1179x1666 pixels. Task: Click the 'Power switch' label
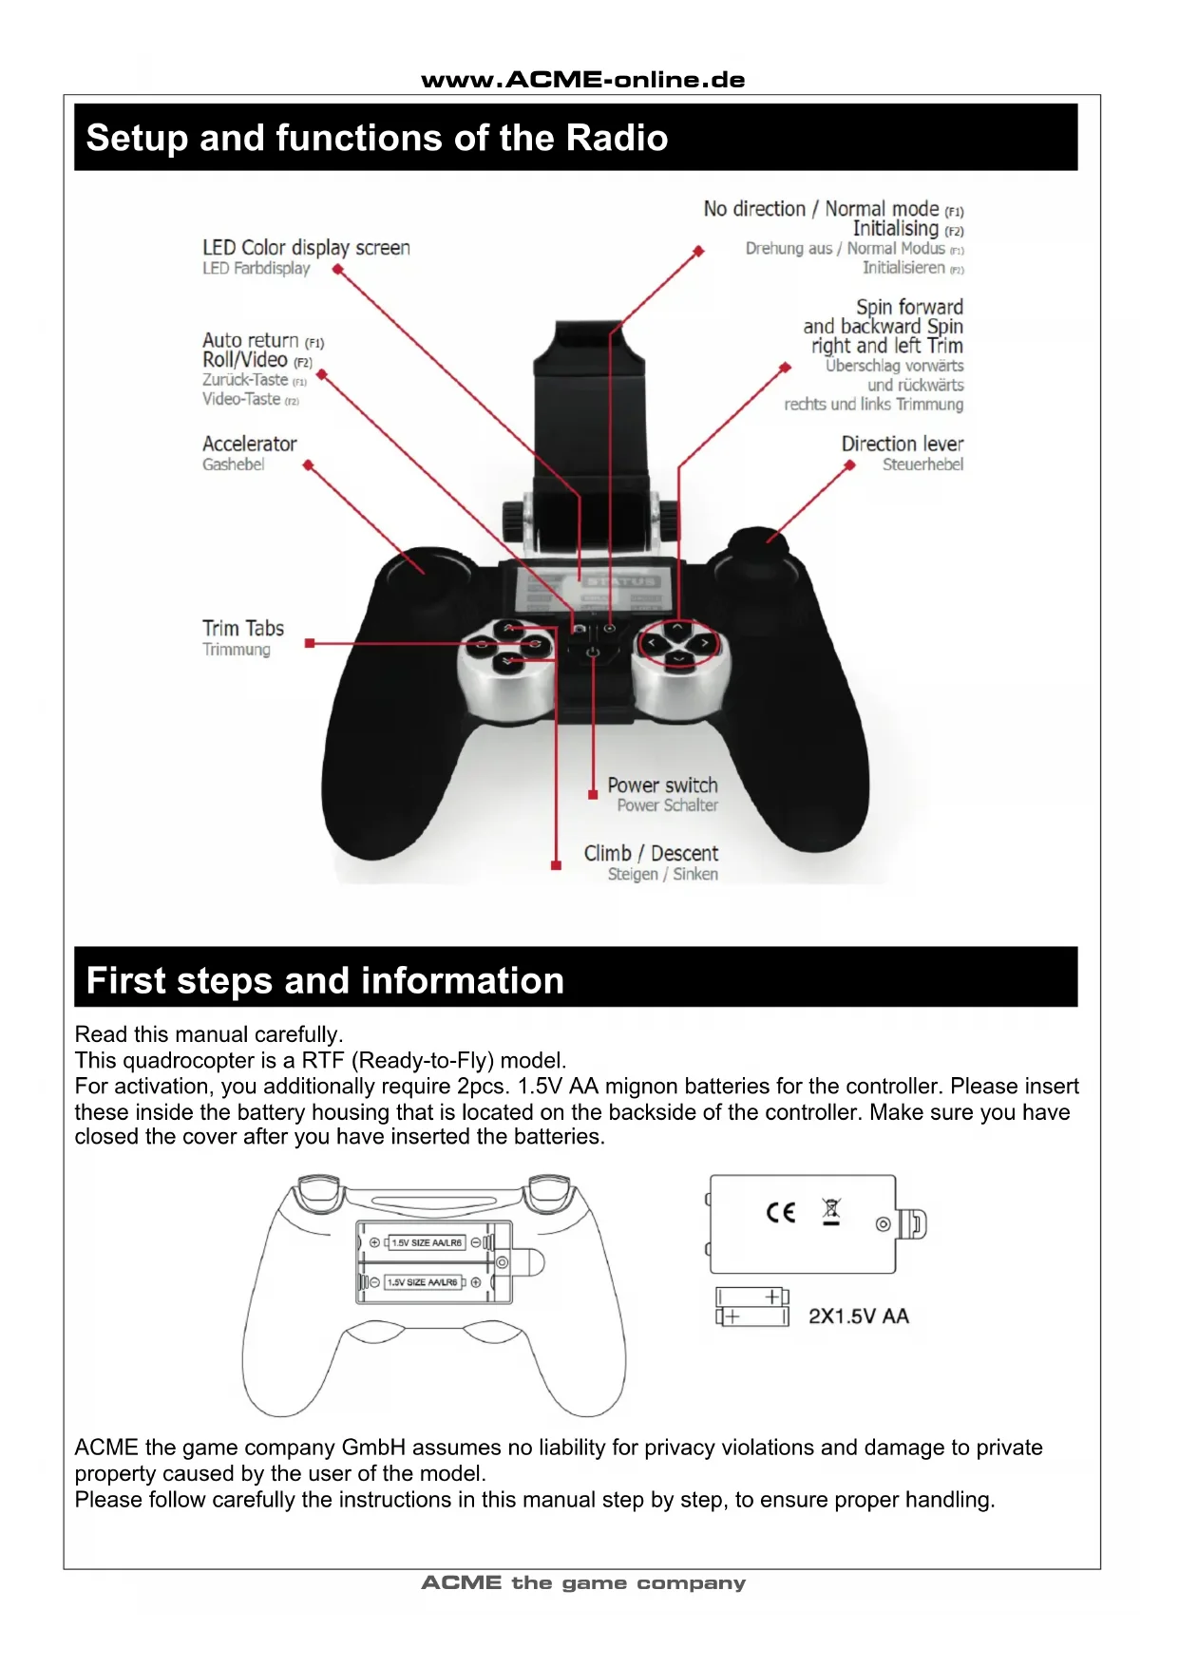662,786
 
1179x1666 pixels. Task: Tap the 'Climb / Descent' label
651,853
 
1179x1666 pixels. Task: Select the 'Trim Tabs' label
243,628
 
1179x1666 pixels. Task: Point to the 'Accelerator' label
249,444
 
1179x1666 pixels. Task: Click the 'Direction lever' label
902,444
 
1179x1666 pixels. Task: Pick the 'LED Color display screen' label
306,248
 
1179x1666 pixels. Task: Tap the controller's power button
592,653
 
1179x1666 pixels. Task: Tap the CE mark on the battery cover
780,1212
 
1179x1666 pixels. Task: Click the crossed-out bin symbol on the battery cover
831,1212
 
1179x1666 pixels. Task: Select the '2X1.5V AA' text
859,1316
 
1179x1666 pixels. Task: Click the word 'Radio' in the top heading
617,138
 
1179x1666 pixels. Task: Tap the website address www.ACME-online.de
583,80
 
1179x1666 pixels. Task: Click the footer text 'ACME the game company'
583,1583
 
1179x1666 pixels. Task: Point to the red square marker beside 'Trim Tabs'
309,643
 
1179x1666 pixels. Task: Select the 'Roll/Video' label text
244,360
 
